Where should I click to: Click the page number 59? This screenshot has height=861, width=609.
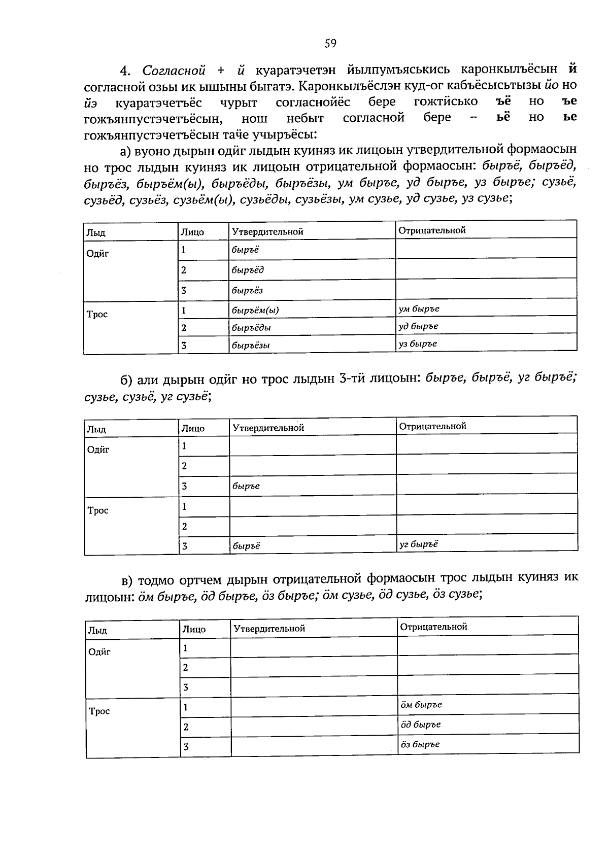point(330,44)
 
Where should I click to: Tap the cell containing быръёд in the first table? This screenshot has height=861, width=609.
point(312,270)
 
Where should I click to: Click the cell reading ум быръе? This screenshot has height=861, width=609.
point(486,308)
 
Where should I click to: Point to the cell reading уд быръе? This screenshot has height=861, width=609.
point(486,326)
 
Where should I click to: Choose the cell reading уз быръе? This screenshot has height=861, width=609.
point(486,343)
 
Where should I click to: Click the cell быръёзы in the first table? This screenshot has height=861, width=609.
point(312,345)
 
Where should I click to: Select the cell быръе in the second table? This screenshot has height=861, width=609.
point(312,486)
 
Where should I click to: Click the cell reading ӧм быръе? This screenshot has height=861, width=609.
point(488,704)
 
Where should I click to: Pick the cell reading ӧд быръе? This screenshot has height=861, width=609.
point(488,724)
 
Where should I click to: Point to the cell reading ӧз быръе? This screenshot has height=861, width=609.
point(488,744)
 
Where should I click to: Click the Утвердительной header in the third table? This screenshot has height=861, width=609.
point(269,628)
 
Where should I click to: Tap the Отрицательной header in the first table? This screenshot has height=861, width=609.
point(432,230)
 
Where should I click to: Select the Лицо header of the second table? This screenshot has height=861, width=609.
point(193,428)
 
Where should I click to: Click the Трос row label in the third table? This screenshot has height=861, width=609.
point(99,711)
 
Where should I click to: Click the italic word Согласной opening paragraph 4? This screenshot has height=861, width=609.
point(174,70)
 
